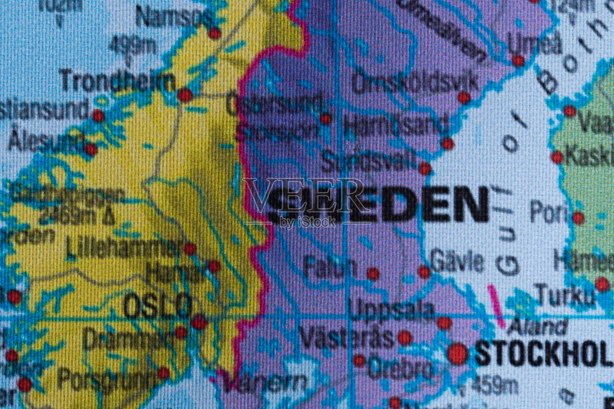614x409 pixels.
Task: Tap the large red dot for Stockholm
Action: pos(457,353)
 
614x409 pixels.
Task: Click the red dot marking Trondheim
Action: pos(185,94)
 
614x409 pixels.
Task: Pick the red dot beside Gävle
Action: pos(424,272)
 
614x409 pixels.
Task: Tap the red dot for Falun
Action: pos(372,273)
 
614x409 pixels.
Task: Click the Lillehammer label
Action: pos(123,248)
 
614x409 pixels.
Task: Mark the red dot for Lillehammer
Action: pos(190,249)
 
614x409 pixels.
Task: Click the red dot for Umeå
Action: pos(518,60)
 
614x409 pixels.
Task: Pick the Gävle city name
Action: pos(457,261)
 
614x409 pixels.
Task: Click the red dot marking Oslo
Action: pos(199,322)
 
